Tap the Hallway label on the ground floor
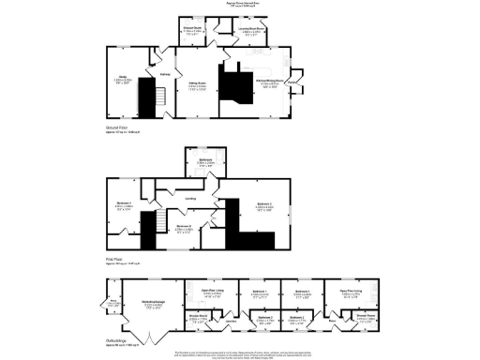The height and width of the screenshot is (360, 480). coord(166,74)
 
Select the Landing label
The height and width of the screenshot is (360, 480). coord(190,198)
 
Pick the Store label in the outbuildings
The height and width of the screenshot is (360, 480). coord(113,301)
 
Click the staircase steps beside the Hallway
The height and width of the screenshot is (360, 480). coord(158,95)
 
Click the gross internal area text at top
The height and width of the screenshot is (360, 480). coord(239,5)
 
